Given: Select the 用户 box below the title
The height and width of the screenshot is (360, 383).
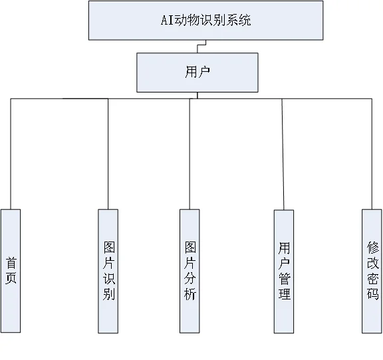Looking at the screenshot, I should coord(197,72).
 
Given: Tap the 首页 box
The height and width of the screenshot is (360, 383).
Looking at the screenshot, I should coord(11,270).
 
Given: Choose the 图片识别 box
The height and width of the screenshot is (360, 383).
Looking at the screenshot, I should coord(108,270).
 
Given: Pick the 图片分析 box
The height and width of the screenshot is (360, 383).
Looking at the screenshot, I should coord(190,270).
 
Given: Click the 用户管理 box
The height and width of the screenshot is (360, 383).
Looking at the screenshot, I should coord(284,270).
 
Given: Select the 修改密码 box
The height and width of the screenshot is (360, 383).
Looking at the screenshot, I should coord(372,270).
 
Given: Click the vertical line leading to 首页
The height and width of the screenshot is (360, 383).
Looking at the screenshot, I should coord(11,153).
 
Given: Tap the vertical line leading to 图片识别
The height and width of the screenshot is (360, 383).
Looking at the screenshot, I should coord(108,153).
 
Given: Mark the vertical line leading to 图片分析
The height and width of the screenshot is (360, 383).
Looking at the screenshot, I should coord(190,153).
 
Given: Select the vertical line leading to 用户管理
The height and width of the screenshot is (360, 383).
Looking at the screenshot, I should coord(283,153).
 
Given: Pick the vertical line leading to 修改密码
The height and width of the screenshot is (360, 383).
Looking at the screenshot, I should coord(372,153).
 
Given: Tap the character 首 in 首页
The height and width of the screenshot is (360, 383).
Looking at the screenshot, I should coord(11,262).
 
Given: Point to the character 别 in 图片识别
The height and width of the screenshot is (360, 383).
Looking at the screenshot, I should coord(108,293).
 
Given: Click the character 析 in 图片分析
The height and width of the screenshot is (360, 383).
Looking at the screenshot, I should coord(190,293).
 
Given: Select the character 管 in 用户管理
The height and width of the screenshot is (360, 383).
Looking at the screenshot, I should coord(284,278).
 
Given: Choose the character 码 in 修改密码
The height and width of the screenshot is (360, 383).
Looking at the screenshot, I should coord(372,293).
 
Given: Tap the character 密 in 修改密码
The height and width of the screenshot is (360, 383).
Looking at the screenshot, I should coord(372,278).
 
